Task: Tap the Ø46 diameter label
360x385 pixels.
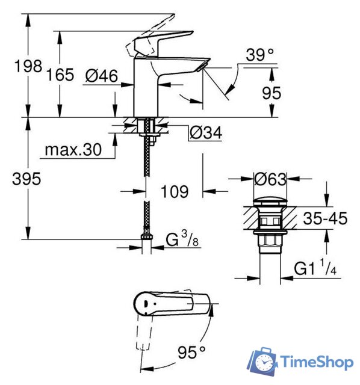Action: click(101, 75)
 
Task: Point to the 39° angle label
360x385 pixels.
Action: click(259, 55)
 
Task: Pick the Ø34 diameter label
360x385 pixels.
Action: click(205, 133)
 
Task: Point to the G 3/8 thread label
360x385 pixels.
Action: click(181, 241)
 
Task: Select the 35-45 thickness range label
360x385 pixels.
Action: click(326, 218)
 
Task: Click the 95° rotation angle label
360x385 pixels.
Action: click(193, 350)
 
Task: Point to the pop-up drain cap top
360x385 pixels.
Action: click(270, 200)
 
